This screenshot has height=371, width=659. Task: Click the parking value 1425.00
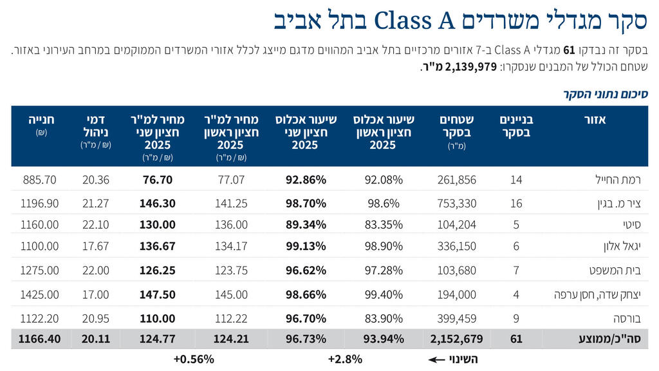[x=39, y=294]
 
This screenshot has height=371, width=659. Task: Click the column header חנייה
[x=42, y=120]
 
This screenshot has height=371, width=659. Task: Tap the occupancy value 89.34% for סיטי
[x=306, y=225]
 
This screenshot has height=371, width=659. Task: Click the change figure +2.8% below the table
[x=345, y=359]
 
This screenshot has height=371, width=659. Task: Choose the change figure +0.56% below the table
[x=193, y=359]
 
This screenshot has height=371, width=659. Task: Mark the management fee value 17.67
[x=96, y=246]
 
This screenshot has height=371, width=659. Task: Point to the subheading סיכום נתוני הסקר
[x=606, y=94]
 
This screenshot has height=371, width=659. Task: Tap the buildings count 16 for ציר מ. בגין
[x=516, y=204]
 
